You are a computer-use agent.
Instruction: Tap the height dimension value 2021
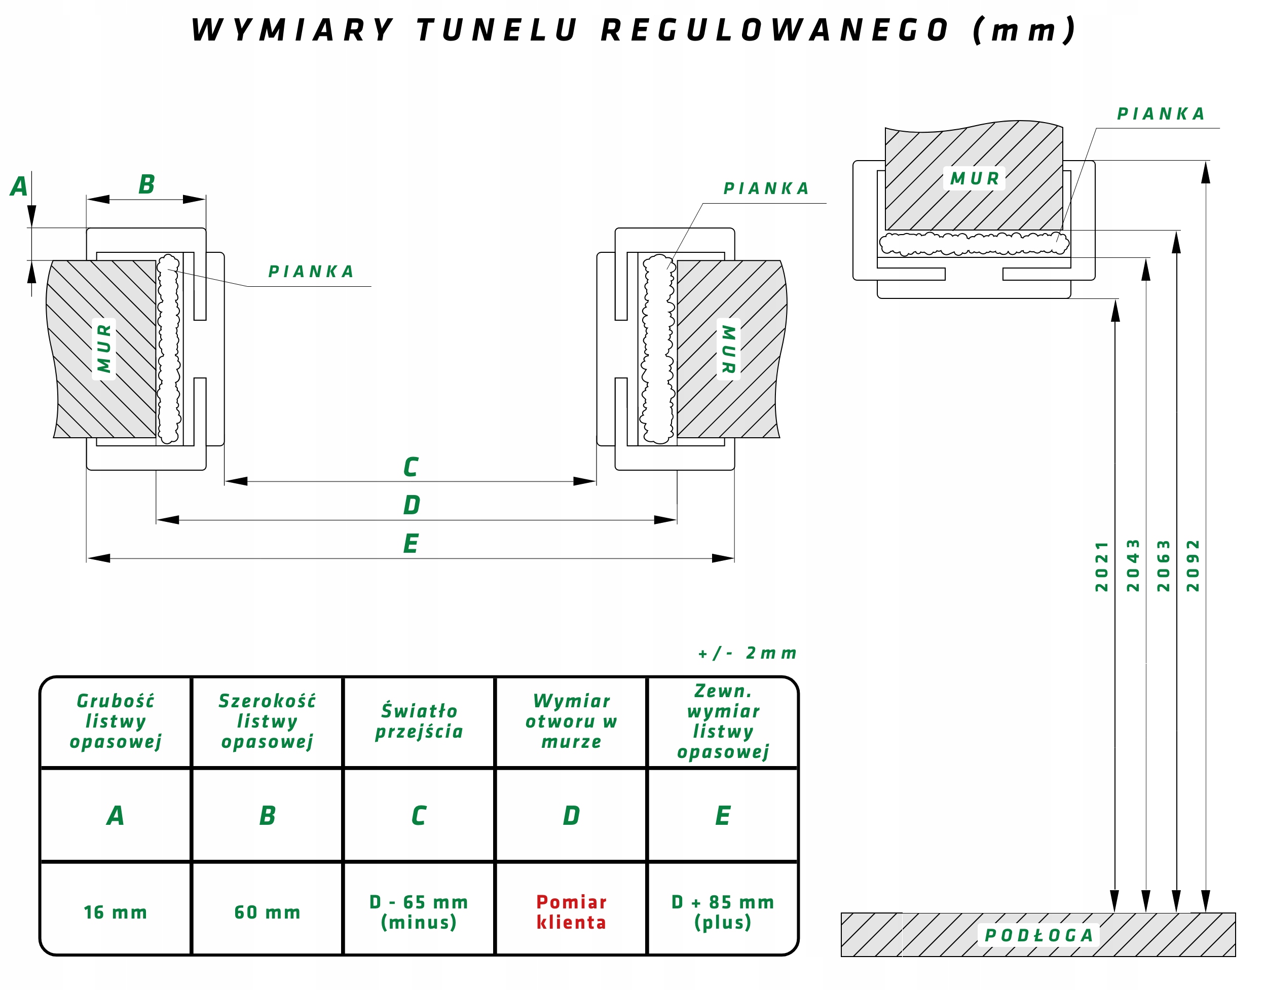coord(1101,566)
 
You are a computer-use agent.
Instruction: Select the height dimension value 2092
coord(1193,566)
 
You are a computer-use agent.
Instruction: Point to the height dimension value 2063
coord(1164,566)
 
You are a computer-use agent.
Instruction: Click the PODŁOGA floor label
coord(1038,935)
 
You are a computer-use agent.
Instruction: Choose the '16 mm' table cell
coord(116,912)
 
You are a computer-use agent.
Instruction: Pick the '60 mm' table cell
coord(267,912)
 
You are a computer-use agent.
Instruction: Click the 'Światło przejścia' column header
coord(419,721)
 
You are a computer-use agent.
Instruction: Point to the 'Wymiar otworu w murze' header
coord(571,721)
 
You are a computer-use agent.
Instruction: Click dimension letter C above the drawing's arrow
coord(411,467)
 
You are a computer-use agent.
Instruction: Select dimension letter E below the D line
coord(411,544)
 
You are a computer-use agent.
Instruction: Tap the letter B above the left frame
coord(146,185)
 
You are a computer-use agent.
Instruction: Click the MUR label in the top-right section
coord(975,178)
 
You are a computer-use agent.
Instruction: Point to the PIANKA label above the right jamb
coord(766,188)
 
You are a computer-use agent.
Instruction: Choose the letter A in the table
coord(116,816)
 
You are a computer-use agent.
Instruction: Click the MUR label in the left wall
coord(104,349)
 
